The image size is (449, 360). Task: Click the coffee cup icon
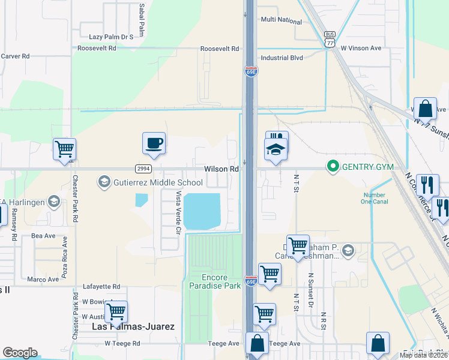[154, 143]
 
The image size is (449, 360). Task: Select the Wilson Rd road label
[221, 169]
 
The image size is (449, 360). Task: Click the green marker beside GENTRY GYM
[331, 166]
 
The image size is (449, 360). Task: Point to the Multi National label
[281, 20]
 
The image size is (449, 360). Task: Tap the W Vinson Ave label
[361, 48]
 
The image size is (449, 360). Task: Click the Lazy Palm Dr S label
[111, 37]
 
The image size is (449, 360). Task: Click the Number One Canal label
[375, 198]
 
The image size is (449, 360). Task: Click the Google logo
[20, 353]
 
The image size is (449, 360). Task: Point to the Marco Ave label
[43, 279]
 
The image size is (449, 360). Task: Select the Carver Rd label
[16, 56]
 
